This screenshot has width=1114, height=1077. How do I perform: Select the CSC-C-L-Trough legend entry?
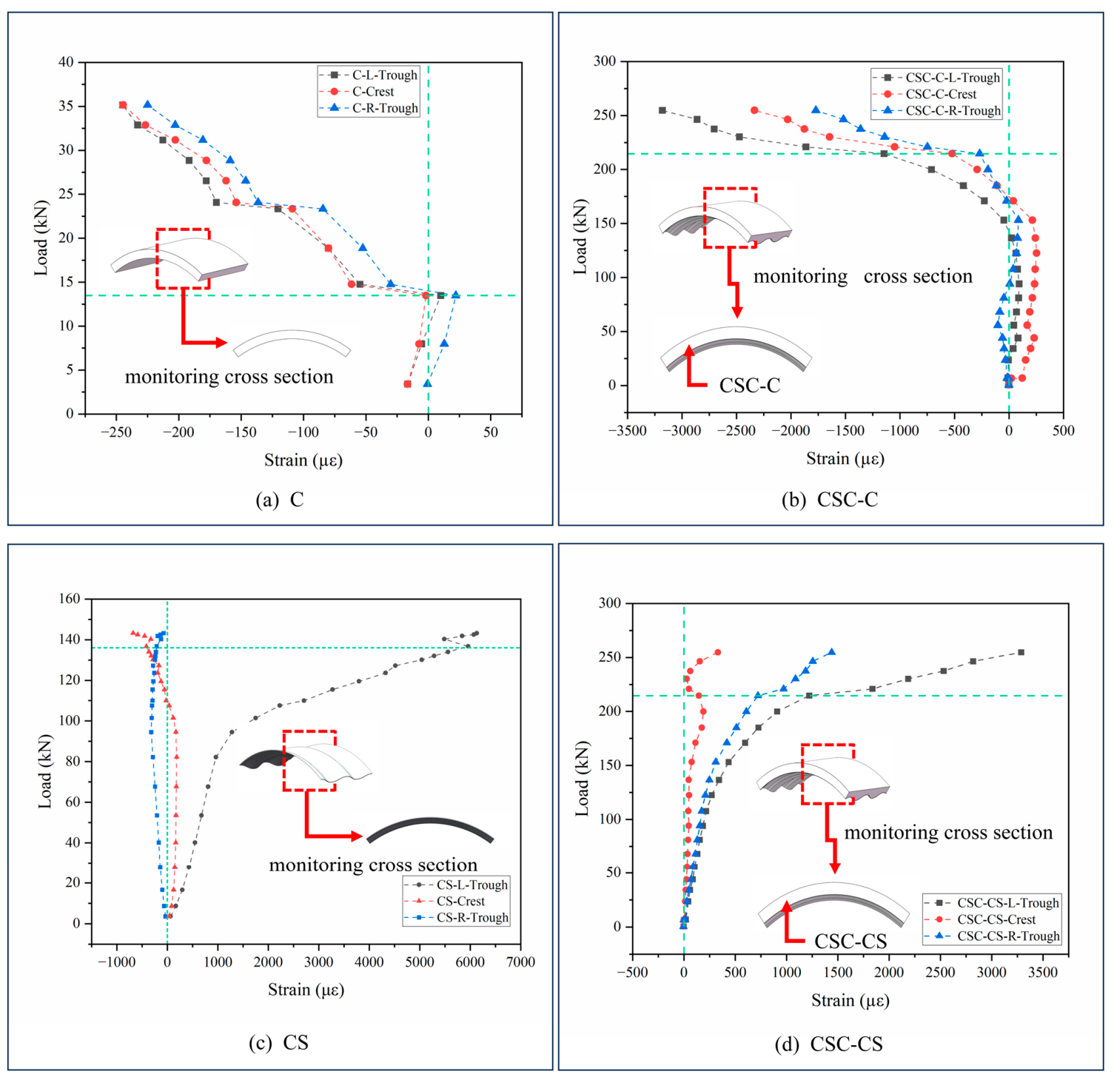(x=936, y=78)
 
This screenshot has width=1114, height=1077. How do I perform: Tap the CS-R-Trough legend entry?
(x=457, y=918)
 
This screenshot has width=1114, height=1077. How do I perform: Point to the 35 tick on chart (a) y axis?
(x=67, y=106)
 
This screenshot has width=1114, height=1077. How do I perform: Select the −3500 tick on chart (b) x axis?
(x=627, y=431)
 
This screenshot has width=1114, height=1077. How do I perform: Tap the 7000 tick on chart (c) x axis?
(x=520, y=962)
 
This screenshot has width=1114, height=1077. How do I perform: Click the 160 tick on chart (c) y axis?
(x=70, y=599)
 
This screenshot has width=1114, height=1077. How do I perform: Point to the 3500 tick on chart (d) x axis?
(x=1043, y=973)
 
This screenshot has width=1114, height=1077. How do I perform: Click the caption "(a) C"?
(x=280, y=500)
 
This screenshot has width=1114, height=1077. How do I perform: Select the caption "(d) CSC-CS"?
(x=829, y=1044)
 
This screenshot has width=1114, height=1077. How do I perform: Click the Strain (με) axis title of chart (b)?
(x=845, y=459)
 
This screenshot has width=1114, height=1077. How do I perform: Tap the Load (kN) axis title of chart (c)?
(x=45, y=771)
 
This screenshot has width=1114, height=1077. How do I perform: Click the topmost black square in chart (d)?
(x=1021, y=652)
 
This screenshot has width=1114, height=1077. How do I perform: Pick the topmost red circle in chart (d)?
(x=717, y=652)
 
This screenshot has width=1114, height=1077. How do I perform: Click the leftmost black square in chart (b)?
(x=662, y=110)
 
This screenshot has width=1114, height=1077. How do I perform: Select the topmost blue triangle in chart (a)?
(x=147, y=104)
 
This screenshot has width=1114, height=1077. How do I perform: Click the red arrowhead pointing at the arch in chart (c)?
(x=355, y=836)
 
